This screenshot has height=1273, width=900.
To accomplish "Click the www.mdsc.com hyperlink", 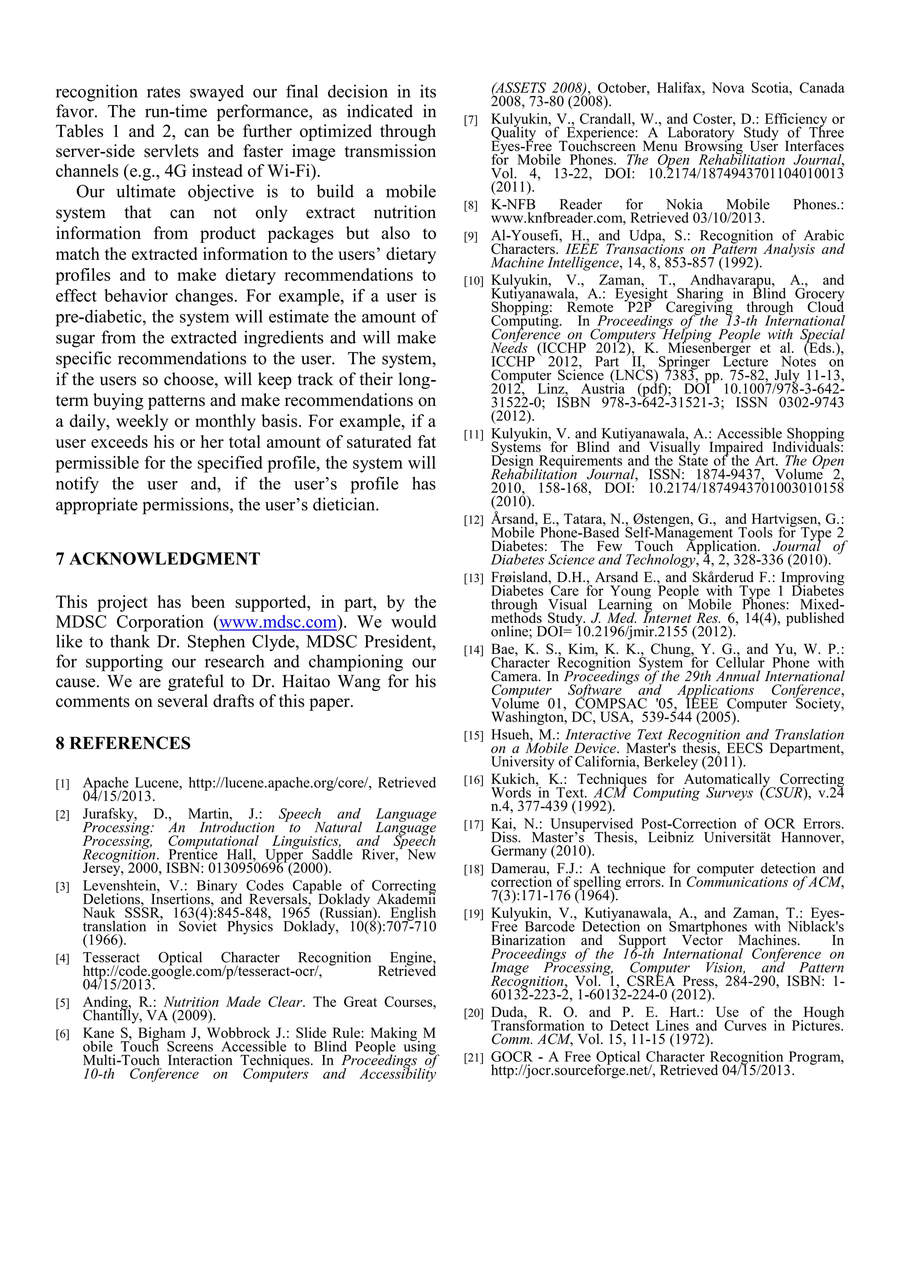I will tap(278, 622).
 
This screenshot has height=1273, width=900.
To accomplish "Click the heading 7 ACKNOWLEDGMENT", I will tap(157, 559).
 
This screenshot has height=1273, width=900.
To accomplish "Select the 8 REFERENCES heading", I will tap(123, 744).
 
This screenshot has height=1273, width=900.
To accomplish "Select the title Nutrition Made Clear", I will tap(233, 1003).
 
